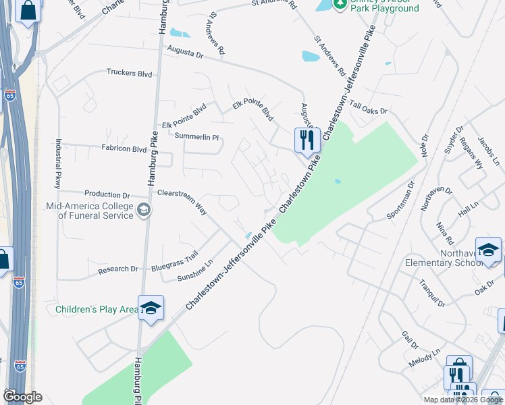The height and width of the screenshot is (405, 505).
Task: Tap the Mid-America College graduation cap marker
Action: pos(143,211)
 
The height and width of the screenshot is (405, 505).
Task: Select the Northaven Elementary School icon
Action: pos(488,250)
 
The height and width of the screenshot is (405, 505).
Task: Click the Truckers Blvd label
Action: pos(129,74)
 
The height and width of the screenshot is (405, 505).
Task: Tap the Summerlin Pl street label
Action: pos(197,137)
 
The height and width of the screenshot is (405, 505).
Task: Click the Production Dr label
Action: pos(107,194)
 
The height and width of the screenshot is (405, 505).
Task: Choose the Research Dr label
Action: pos(118,269)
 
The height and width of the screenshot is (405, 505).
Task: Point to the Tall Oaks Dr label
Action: pos(369,108)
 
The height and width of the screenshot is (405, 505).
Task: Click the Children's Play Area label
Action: pos(97,310)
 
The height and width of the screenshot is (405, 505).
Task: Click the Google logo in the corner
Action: pos(22,396)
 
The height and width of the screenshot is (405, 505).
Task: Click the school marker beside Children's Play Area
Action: pos(151,308)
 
